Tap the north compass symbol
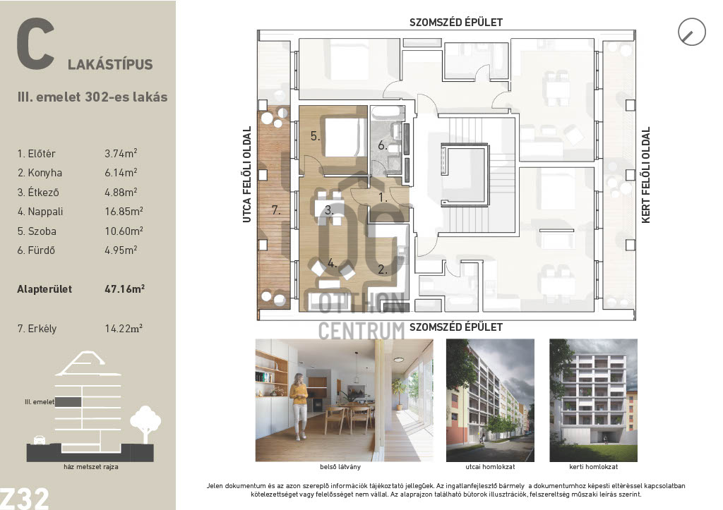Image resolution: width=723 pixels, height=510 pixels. coord(692,32)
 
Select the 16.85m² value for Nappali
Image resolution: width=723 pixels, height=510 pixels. coord(124,212)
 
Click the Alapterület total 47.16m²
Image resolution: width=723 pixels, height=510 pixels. coord(124,289)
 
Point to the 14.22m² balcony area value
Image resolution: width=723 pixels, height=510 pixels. coord(124,329)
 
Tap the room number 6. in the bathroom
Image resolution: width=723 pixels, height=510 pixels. coord(382,145)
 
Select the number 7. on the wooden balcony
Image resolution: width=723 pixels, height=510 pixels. coord(276,210)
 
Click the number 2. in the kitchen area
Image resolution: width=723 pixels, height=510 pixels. coord(383,269)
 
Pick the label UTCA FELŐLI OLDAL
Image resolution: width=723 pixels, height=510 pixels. coord(246,175)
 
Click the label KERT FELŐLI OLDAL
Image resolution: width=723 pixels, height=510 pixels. coord(645,175)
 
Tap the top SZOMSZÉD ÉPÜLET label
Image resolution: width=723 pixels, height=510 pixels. coord(455,22)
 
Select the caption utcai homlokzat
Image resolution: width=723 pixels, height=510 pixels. coord(490,467)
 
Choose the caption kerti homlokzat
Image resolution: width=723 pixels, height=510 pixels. coord(593,467)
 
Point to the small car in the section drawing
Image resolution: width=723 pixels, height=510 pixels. coord(40,440)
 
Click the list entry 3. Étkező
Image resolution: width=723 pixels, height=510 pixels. coord(38,192)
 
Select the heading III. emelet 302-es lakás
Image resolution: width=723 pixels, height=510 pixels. coord(92,97)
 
